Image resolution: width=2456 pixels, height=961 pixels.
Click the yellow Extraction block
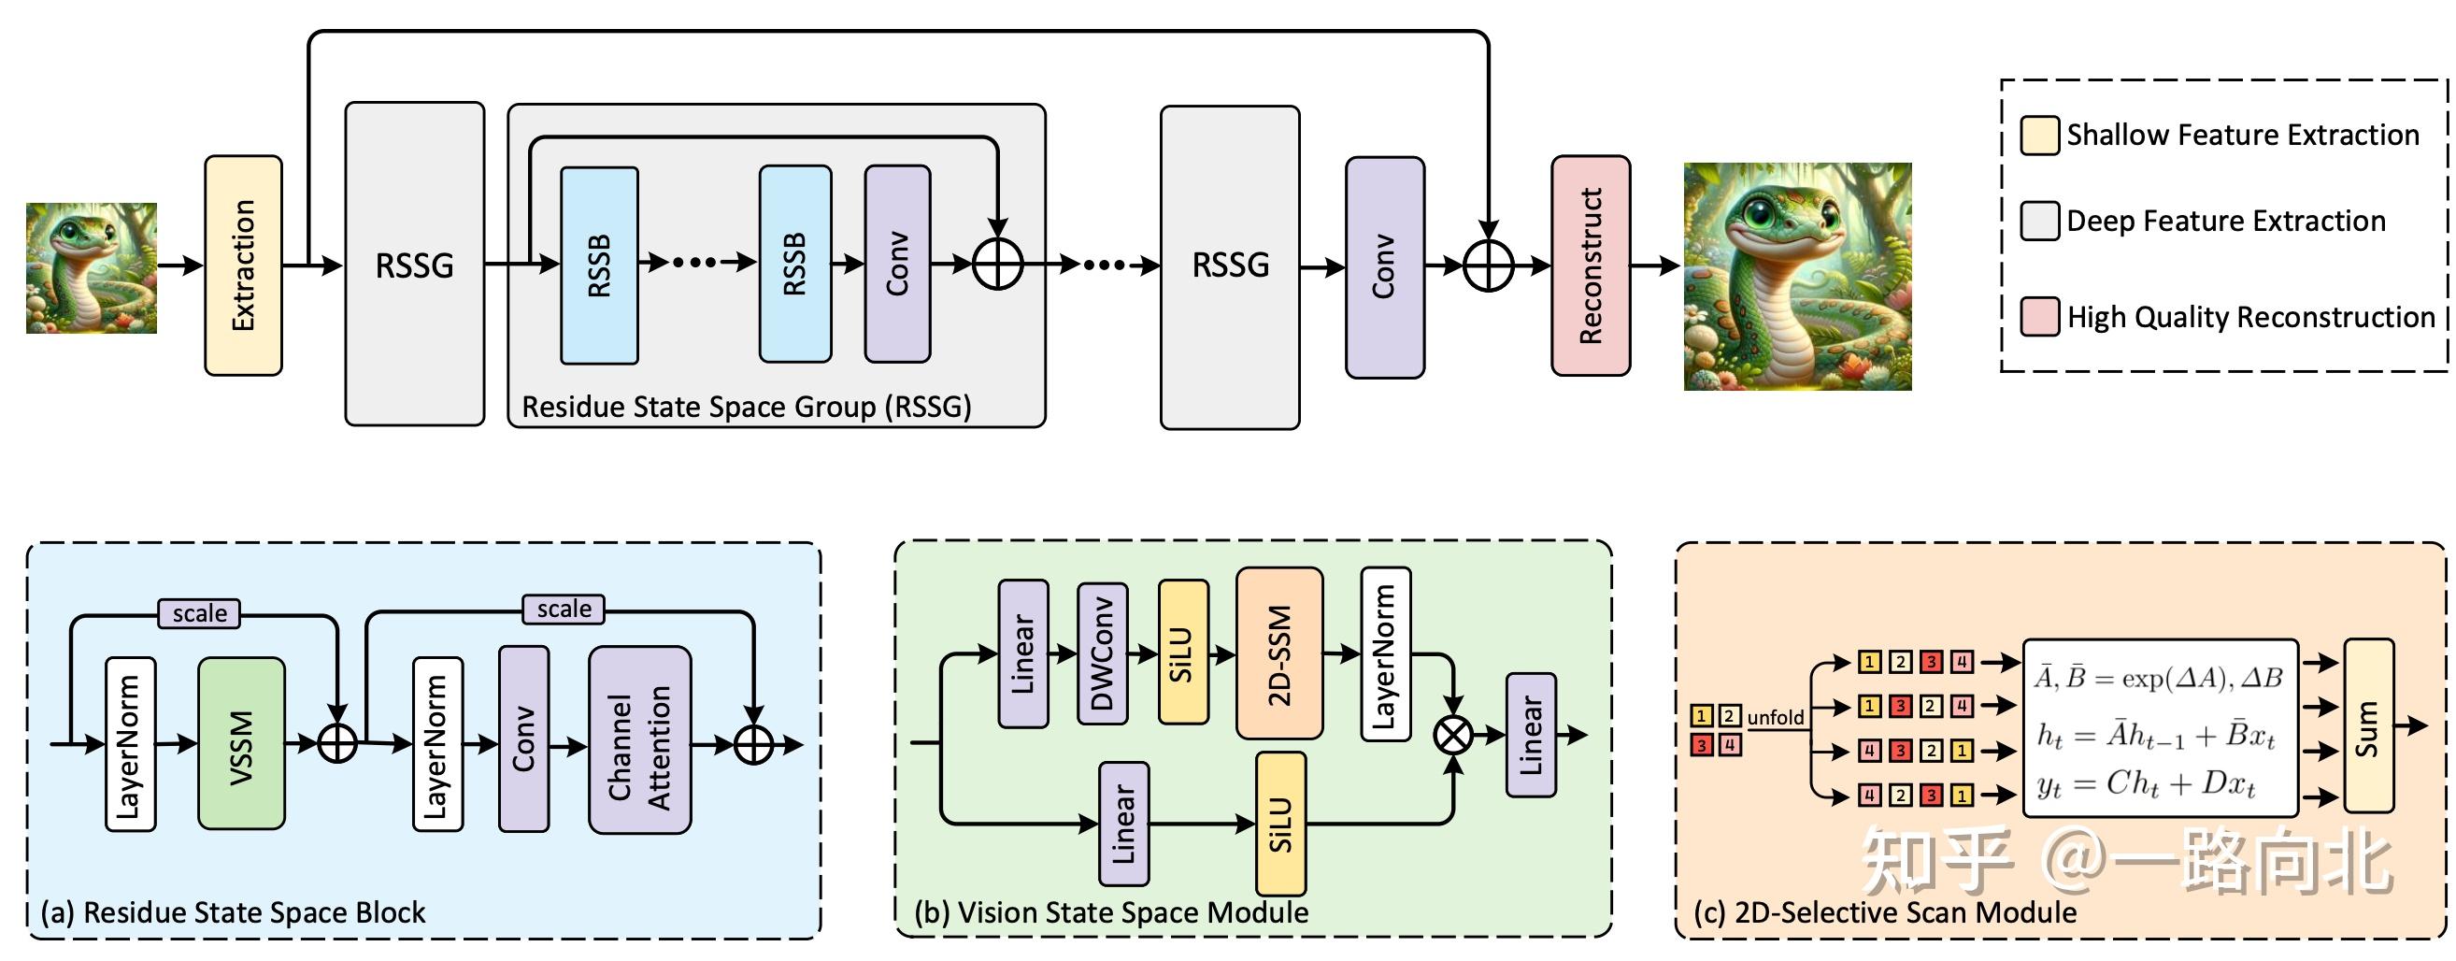click(x=243, y=265)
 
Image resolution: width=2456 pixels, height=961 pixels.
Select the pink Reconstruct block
click(x=1591, y=265)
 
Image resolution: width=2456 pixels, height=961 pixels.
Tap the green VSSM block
click(x=241, y=742)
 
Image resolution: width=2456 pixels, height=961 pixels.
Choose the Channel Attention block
click(x=640, y=739)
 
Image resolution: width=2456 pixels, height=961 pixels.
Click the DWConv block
click(x=1102, y=654)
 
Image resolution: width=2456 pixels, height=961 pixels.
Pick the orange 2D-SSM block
click(x=1278, y=654)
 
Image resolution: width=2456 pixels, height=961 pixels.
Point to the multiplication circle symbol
click(x=1453, y=734)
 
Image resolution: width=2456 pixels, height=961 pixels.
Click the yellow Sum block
click(x=2368, y=726)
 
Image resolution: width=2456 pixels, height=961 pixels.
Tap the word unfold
click(x=1776, y=717)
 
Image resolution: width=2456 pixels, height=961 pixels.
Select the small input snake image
click(x=92, y=268)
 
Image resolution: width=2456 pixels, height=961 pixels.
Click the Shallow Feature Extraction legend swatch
click(x=2039, y=136)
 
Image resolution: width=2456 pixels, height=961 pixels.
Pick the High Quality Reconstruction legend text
click(x=2250, y=317)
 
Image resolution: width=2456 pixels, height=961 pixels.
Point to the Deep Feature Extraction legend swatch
click(x=2039, y=222)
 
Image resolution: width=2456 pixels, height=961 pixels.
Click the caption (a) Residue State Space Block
click(x=233, y=912)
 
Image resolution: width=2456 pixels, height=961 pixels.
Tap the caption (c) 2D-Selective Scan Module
click(x=1885, y=912)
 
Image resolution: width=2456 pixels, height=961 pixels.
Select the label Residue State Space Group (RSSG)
click(x=747, y=407)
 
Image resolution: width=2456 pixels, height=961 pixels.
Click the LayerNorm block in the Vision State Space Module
click(x=1385, y=654)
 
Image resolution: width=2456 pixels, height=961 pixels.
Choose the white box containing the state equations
click(x=2160, y=728)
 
